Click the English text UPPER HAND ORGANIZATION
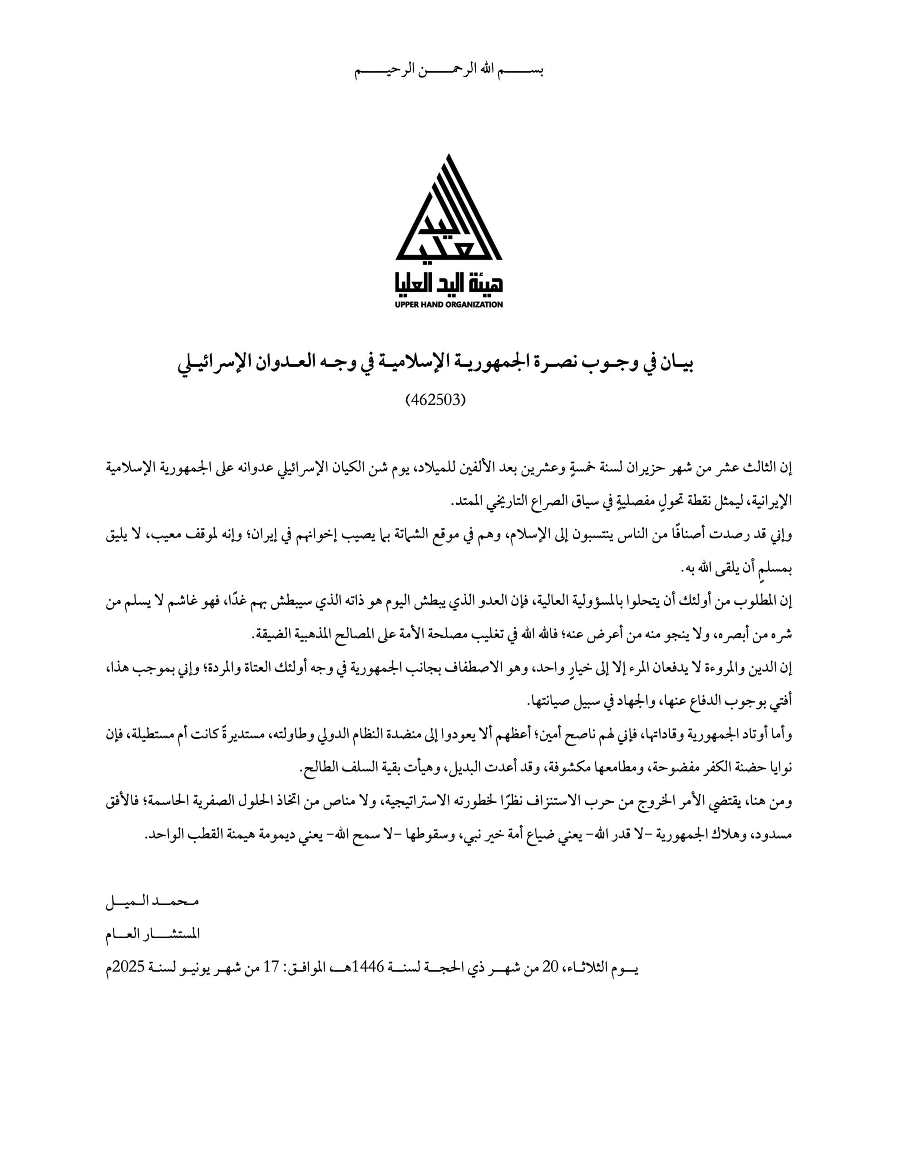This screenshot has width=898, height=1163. [449, 304]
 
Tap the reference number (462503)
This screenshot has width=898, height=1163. [435, 399]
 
